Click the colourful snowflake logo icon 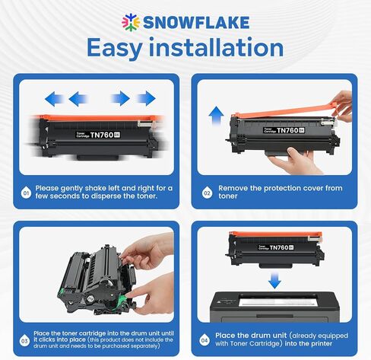(131, 22)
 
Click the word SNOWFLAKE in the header (196, 22)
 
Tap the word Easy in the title (114, 48)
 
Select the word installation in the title (216, 47)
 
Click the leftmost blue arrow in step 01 (53, 99)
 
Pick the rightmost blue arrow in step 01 (147, 98)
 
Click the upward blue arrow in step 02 (216, 116)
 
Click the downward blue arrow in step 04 (274, 281)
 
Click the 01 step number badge (26, 193)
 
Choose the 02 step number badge (208, 193)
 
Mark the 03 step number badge (24, 340)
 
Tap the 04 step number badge (205, 340)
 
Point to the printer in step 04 (274, 307)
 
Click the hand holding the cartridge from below (294, 161)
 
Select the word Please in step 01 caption (47, 189)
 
